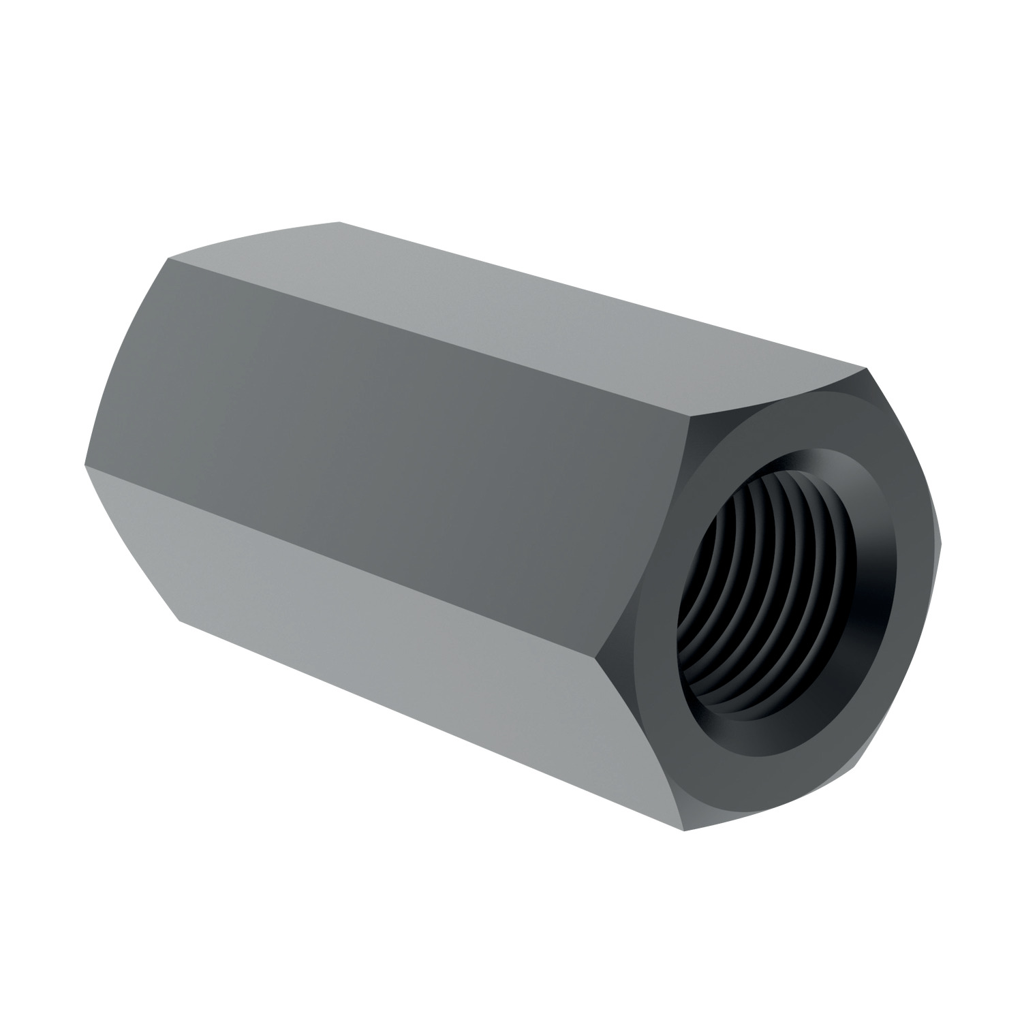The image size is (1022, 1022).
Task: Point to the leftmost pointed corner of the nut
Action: pos(84,466)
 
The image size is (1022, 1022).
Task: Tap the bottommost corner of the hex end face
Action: pos(683,831)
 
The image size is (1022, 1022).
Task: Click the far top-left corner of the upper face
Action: pos(339,222)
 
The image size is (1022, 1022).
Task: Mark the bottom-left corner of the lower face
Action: pos(179,621)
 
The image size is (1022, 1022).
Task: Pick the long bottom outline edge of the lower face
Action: pos(429,725)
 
